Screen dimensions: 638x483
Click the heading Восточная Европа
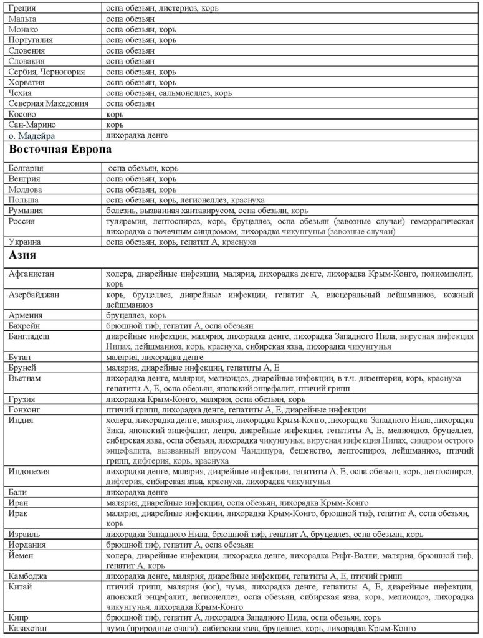tap(60, 150)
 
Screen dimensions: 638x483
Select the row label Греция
tap(24, 9)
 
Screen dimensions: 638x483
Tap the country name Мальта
tap(23, 20)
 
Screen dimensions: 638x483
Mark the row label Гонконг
tap(25, 410)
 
